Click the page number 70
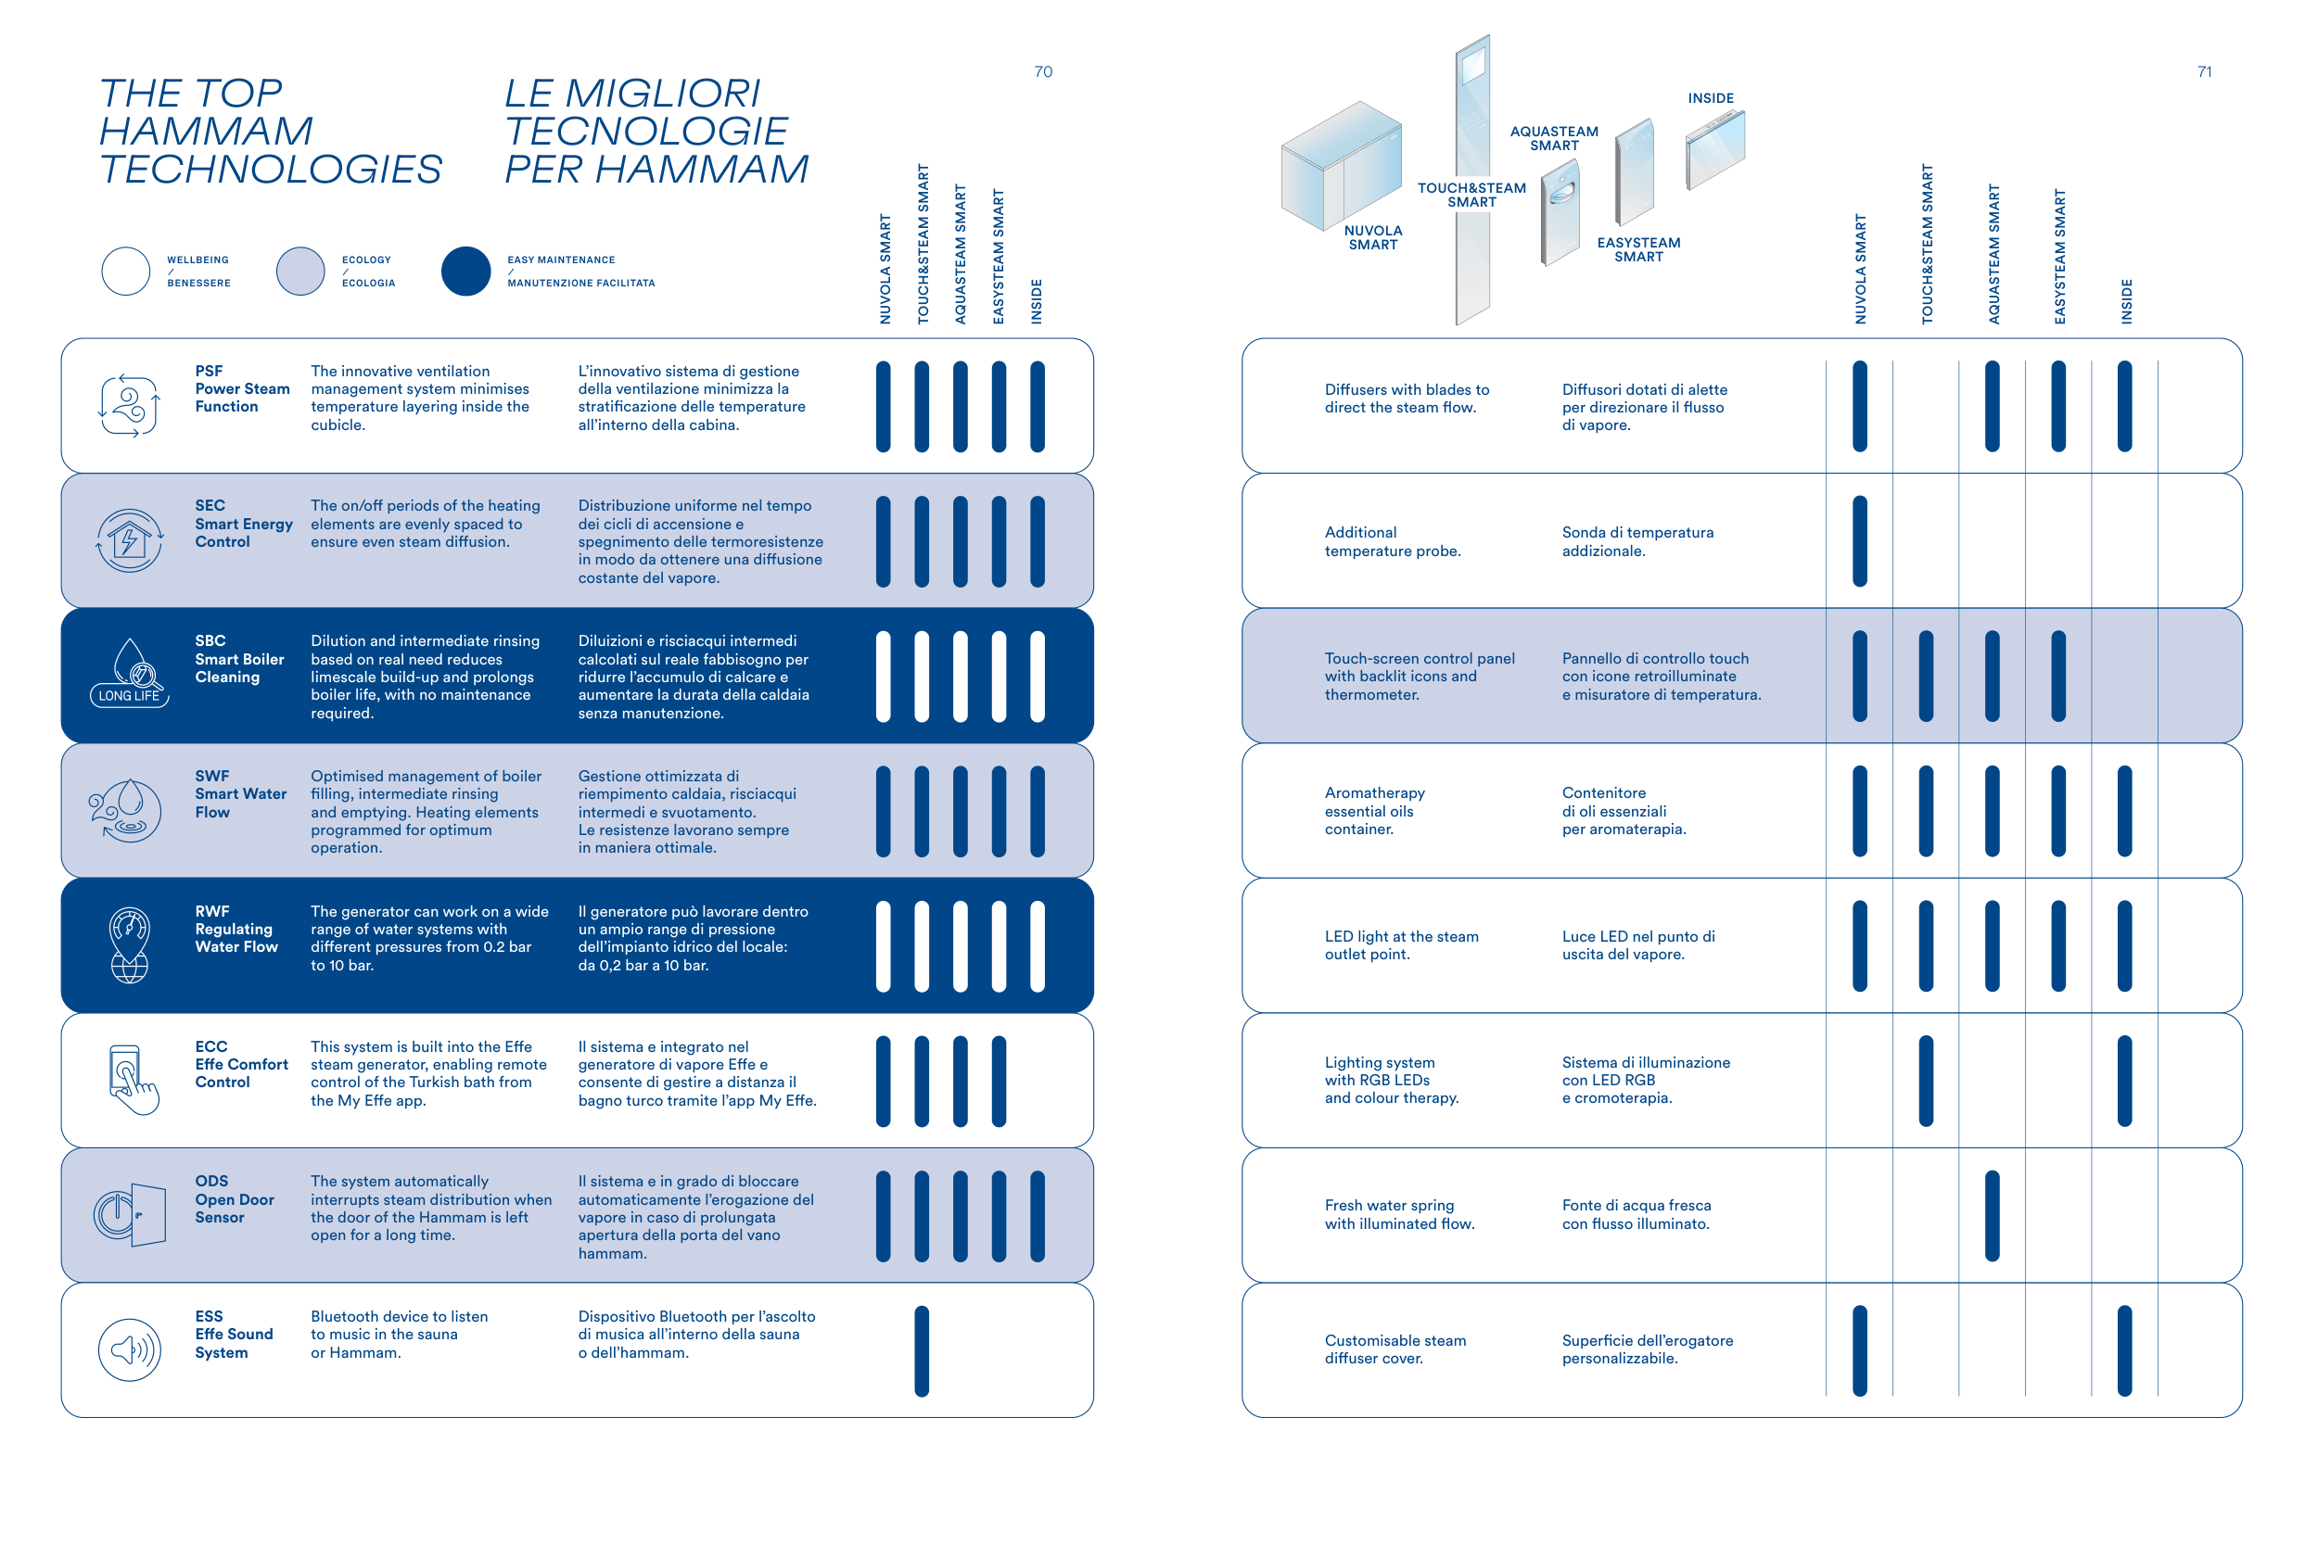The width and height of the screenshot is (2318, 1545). coord(1043,72)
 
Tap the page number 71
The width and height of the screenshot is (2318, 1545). coord(2204,72)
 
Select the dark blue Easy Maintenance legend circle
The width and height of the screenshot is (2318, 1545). coord(465,271)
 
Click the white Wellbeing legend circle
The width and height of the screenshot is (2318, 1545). coord(126,271)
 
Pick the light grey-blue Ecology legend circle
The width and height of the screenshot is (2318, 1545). coord(300,271)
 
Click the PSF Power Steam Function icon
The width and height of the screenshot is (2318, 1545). coord(129,405)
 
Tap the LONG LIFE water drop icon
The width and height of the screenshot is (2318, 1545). coord(130,672)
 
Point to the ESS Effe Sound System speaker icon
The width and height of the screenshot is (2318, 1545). coord(129,1349)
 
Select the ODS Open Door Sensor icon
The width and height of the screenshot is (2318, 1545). coord(130,1215)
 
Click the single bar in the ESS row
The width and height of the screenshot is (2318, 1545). coord(922,1351)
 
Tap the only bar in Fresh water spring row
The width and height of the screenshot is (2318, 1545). coord(1992,1216)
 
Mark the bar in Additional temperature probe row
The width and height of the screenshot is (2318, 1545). coord(1860,541)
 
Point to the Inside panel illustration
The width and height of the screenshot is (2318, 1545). coord(1714,150)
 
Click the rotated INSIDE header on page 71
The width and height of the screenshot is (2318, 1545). coord(2126,300)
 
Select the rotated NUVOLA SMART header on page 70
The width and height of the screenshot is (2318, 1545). coord(885,269)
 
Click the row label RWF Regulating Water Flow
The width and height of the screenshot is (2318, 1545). coord(236,930)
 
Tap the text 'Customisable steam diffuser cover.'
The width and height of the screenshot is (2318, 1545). coord(1395,1349)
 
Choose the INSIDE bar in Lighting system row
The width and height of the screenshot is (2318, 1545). coord(2125,1081)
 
